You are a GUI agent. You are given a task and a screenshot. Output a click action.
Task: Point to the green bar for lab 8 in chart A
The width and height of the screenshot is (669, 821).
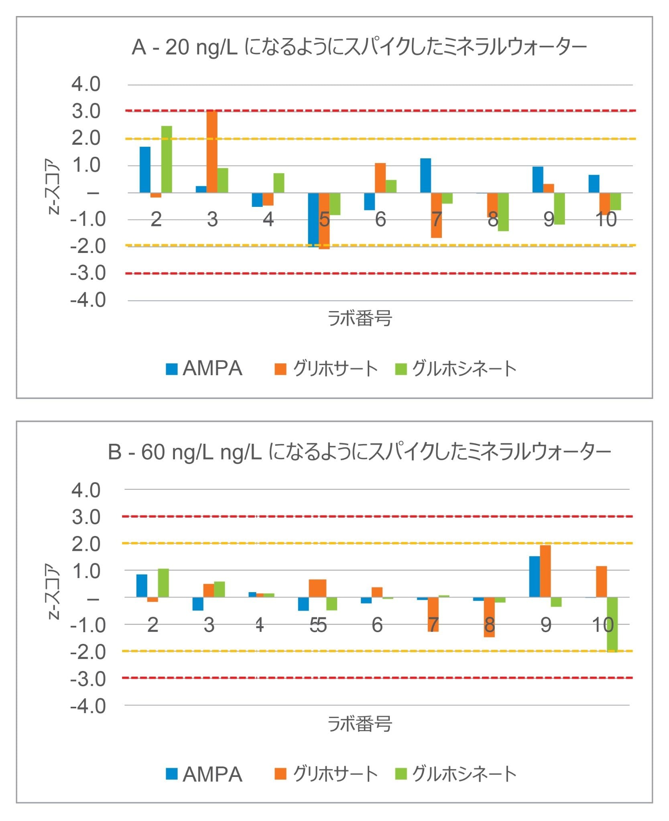coord(503,212)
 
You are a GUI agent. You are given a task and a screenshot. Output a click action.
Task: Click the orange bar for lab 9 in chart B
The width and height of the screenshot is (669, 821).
coord(545,571)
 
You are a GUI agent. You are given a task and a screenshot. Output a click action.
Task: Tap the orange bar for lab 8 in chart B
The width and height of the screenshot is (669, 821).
coord(489,617)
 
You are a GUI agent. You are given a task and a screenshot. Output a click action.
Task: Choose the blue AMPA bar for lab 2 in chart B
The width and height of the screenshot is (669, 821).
coord(142,586)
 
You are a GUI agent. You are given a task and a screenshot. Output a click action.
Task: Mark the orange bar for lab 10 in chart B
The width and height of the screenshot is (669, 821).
coord(601,582)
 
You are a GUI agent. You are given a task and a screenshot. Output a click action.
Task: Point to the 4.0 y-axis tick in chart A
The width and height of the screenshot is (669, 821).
coord(86,84)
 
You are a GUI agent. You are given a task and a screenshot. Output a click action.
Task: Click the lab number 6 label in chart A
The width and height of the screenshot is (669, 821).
coord(380,219)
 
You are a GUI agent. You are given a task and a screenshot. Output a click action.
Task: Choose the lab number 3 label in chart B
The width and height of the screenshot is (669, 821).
coord(209,625)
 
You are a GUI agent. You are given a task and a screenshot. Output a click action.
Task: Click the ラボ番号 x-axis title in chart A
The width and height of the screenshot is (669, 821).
coord(360,319)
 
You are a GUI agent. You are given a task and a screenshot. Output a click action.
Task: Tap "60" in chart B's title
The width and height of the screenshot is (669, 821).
coord(153,453)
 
